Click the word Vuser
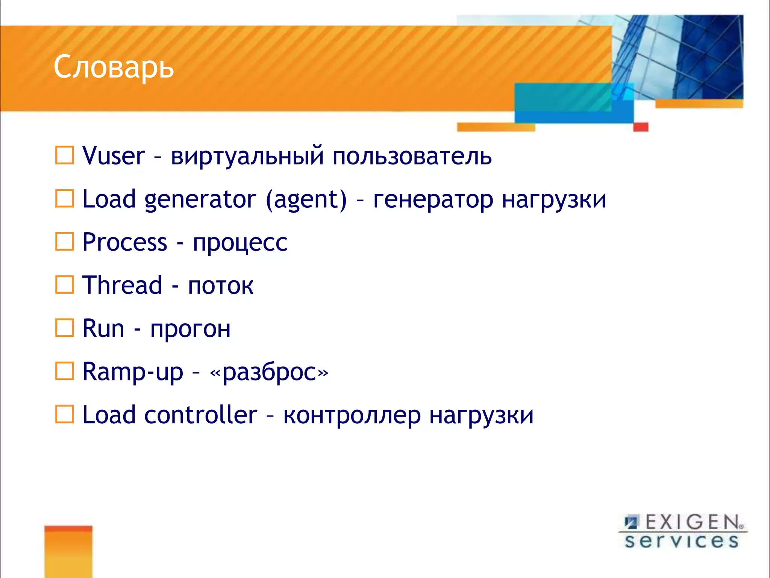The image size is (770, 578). pos(114,156)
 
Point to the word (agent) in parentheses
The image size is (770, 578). pos(306,199)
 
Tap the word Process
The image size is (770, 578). pos(124,242)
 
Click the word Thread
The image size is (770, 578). pos(122,285)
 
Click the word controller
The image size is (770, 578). pos(201,415)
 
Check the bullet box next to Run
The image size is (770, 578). pos(65,328)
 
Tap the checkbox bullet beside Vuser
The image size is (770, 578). pos(65,155)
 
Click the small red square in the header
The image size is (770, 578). pos(641,127)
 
